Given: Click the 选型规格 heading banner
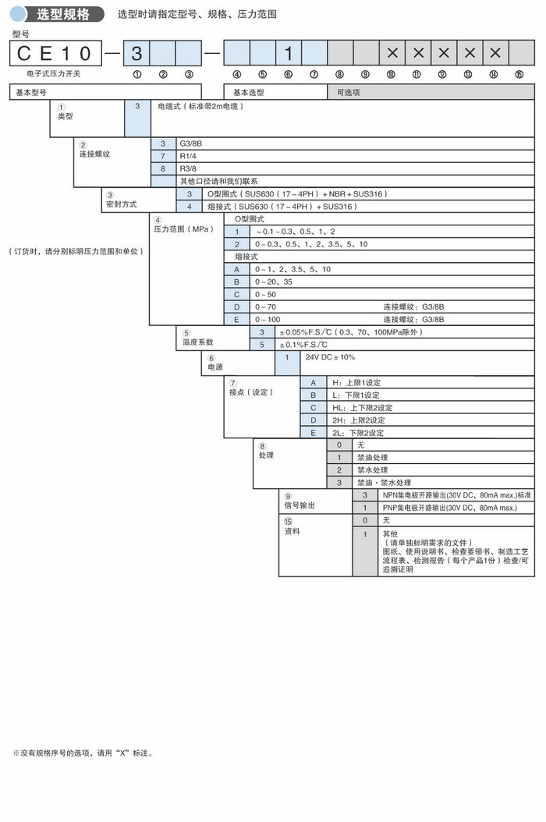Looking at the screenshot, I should [58, 14].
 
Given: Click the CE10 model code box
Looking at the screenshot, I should [55, 53].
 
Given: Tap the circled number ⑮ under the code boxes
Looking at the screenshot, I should [519, 74].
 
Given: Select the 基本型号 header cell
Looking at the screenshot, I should [31, 91].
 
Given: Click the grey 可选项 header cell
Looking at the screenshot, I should [349, 91].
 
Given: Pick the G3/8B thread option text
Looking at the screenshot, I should [191, 143].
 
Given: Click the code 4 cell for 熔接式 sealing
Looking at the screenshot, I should [189, 207].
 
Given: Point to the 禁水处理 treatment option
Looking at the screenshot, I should [372, 470].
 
